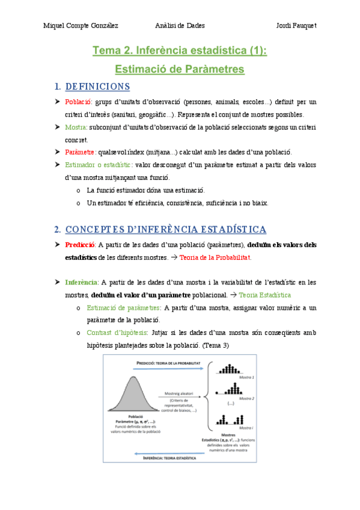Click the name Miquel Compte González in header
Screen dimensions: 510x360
pos(81,25)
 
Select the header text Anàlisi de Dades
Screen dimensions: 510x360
pos(180,25)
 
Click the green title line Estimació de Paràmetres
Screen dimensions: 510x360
pos(180,69)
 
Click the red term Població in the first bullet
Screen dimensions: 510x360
pos(78,102)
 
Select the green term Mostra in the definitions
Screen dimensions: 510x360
pos(76,127)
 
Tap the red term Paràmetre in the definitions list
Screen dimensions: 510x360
pos(81,152)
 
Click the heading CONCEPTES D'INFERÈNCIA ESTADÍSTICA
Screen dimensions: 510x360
pos(165,230)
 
